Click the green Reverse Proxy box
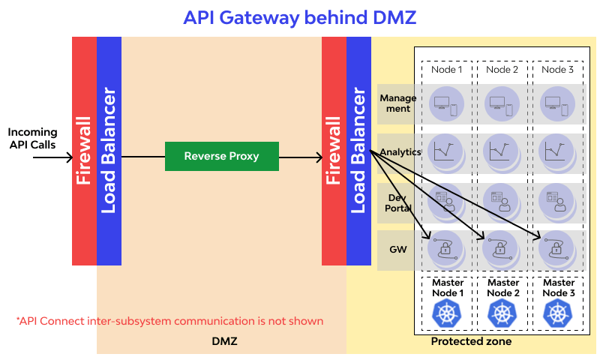click(x=221, y=156)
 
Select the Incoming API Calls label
click(x=32, y=138)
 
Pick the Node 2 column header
click(x=502, y=70)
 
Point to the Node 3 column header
click(x=557, y=70)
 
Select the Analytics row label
click(x=400, y=152)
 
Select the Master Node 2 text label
click(x=502, y=287)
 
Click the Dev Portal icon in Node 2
click(x=500, y=201)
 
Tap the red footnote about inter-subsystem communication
click(x=169, y=321)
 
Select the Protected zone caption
click(x=471, y=341)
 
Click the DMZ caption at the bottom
click(x=224, y=341)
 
